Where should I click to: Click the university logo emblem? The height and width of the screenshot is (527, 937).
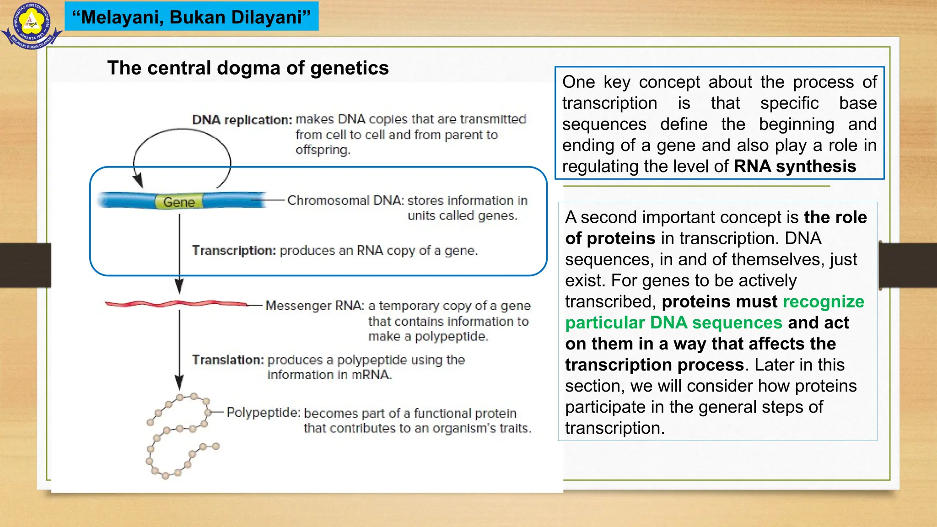pyautogui.click(x=31, y=25)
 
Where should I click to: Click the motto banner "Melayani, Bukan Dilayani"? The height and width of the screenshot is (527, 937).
pyautogui.click(x=191, y=17)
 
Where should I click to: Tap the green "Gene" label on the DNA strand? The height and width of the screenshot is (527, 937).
pyautogui.click(x=179, y=202)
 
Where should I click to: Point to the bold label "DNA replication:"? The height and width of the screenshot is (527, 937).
pyautogui.click(x=242, y=120)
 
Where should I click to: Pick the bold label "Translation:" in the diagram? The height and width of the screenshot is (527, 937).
pyautogui.click(x=228, y=360)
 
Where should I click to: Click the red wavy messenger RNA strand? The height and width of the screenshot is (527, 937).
pyautogui.click(x=176, y=304)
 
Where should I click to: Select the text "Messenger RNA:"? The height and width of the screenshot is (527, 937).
pyautogui.click(x=315, y=306)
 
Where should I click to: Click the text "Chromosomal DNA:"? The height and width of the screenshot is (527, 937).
pyautogui.click(x=345, y=200)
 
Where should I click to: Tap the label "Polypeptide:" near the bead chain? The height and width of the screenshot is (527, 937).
pyautogui.click(x=263, y=413)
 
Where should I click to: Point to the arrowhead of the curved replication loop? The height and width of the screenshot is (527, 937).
pyautogui.click(x=138, y=181)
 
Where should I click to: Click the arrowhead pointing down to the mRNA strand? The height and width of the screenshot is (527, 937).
pyautogui.click(x=179, y=287)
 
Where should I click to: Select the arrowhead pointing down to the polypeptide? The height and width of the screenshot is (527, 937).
pyautogui.click(x=179, y=382)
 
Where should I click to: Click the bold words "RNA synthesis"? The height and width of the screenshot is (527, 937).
pyautogui.click(x=795, y=167)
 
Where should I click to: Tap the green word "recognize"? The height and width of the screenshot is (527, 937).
pyautogui.click(x=823, y=302)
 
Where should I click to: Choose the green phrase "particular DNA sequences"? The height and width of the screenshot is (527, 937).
pyautogui.click(x=673, y=323)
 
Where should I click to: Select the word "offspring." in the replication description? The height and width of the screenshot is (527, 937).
pyautogui.click(x=323, y=150)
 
